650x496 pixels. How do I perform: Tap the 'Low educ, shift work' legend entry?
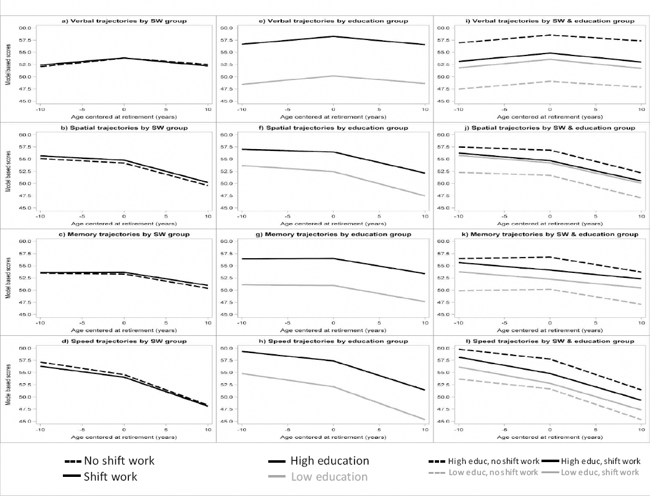coord(601,473)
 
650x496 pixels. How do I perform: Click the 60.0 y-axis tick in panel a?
coord(25,28)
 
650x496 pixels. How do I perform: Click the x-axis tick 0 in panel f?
coord(333,216)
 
